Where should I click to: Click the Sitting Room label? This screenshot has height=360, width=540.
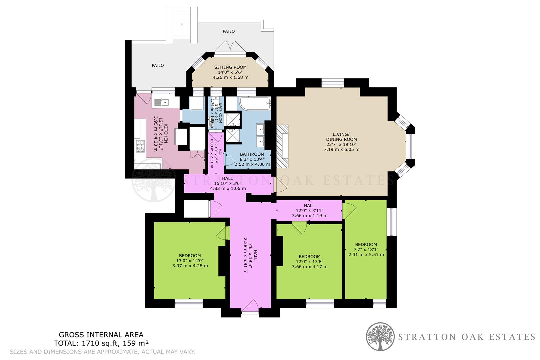(230, 67)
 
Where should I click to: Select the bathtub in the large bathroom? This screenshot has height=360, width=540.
(255, 104)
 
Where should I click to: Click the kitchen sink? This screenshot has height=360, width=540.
(162, 102)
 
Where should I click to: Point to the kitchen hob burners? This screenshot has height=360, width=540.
(140, 146)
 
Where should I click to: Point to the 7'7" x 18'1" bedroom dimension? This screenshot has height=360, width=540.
(366, 249)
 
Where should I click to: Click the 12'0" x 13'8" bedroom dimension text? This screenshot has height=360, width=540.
(310, 262)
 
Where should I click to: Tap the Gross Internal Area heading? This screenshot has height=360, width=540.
(101, 335)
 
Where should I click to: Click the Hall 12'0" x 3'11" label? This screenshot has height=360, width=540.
(309, 211)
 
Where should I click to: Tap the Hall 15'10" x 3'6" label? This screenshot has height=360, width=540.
(228, 183)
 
